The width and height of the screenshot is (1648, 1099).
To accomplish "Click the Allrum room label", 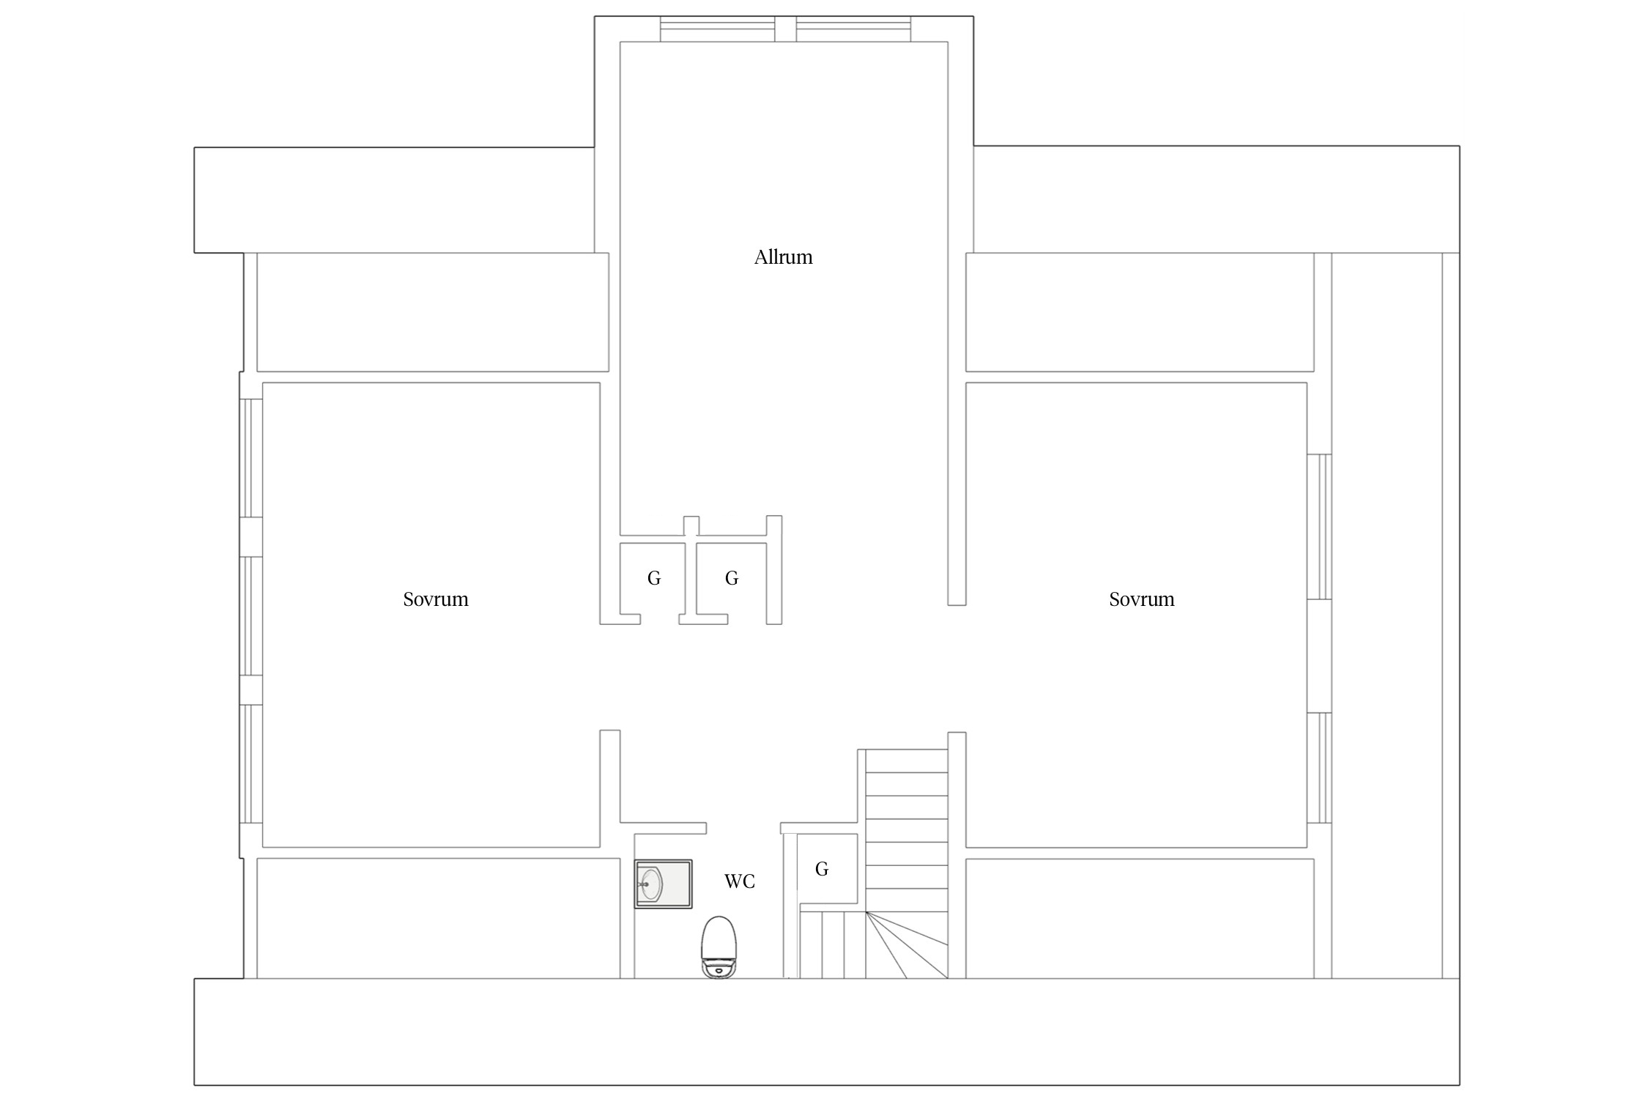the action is (783, 257).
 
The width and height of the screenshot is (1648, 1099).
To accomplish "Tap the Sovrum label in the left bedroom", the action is (436, 599).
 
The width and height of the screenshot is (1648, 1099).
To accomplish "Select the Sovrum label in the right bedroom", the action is (1141, 599).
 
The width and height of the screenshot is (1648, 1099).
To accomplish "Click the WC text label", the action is (739, 881).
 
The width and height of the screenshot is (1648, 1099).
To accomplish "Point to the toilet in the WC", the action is (719, 947).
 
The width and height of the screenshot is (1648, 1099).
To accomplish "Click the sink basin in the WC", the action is (664, 884).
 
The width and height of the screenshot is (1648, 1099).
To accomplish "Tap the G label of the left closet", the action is (654, 579).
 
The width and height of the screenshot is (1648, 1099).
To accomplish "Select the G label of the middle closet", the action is (731, 579).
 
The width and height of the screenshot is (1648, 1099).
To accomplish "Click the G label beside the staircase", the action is (822, 869).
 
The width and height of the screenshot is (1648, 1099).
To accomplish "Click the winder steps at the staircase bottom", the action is (907, 944).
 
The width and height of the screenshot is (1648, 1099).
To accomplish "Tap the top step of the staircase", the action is (907, 761).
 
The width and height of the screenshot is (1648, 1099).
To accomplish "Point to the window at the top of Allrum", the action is (786, 29).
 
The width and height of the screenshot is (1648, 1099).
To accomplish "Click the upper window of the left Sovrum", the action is (251, 458).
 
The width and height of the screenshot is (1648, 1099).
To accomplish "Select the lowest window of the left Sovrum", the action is (251, 764).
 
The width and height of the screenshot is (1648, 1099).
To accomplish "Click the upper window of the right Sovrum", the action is (1319, 527).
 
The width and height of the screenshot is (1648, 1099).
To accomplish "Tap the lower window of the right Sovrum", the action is (1319, 768).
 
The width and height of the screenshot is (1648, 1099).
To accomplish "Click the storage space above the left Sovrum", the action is (433, 312).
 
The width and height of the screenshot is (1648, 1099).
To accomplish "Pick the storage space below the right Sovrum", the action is (1140, 918).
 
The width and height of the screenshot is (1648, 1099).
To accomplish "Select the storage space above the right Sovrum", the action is (1140, 312).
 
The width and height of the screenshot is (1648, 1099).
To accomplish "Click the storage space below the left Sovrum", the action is (439, 918).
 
